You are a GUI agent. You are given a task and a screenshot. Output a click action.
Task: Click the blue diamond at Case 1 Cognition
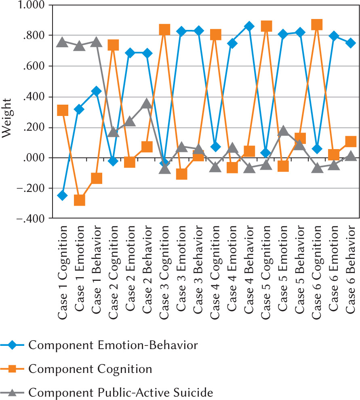62,196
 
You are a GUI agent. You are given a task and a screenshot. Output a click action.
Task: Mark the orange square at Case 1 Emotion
79,200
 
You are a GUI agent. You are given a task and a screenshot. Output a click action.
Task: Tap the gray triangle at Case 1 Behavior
96,42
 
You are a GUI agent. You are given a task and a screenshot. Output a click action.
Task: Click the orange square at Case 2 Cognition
113,45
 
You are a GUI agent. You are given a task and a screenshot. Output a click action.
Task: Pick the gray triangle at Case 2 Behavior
147,104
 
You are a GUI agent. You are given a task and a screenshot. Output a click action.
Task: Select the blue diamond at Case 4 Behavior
249,26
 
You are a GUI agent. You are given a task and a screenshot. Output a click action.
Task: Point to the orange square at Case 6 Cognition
317,25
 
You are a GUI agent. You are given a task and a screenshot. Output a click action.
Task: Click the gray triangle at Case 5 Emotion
283,131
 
